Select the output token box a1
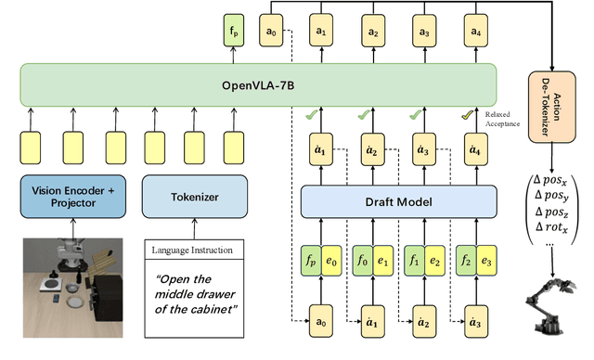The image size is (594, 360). coord(322,30)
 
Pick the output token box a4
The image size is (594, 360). coord(476,30)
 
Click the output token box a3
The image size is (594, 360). coord(425,30)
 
